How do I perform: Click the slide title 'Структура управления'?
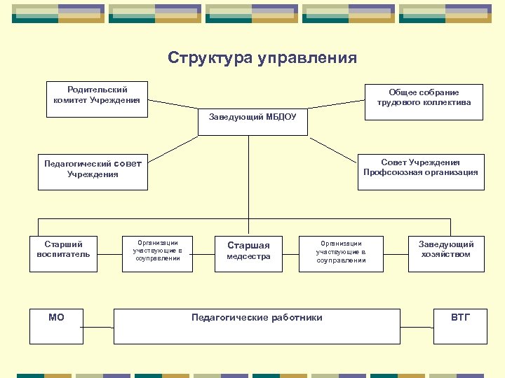point(262,58)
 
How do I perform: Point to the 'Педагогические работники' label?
point(257,318)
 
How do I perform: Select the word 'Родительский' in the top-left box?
point(97,90)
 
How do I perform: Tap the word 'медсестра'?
point(248,257)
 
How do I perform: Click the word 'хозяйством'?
point(446,254)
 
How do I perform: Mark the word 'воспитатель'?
point(63,254)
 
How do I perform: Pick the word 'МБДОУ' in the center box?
point(281,117)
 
